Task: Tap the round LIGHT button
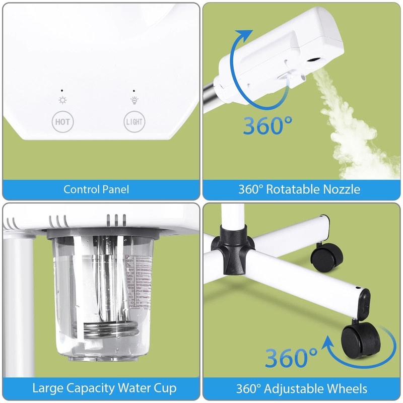click(135, 121)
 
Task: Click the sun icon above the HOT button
click(62, 100)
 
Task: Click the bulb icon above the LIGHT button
click(134, 100)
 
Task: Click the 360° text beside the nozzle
click(267, 125)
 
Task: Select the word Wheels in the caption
click(348, 389)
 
